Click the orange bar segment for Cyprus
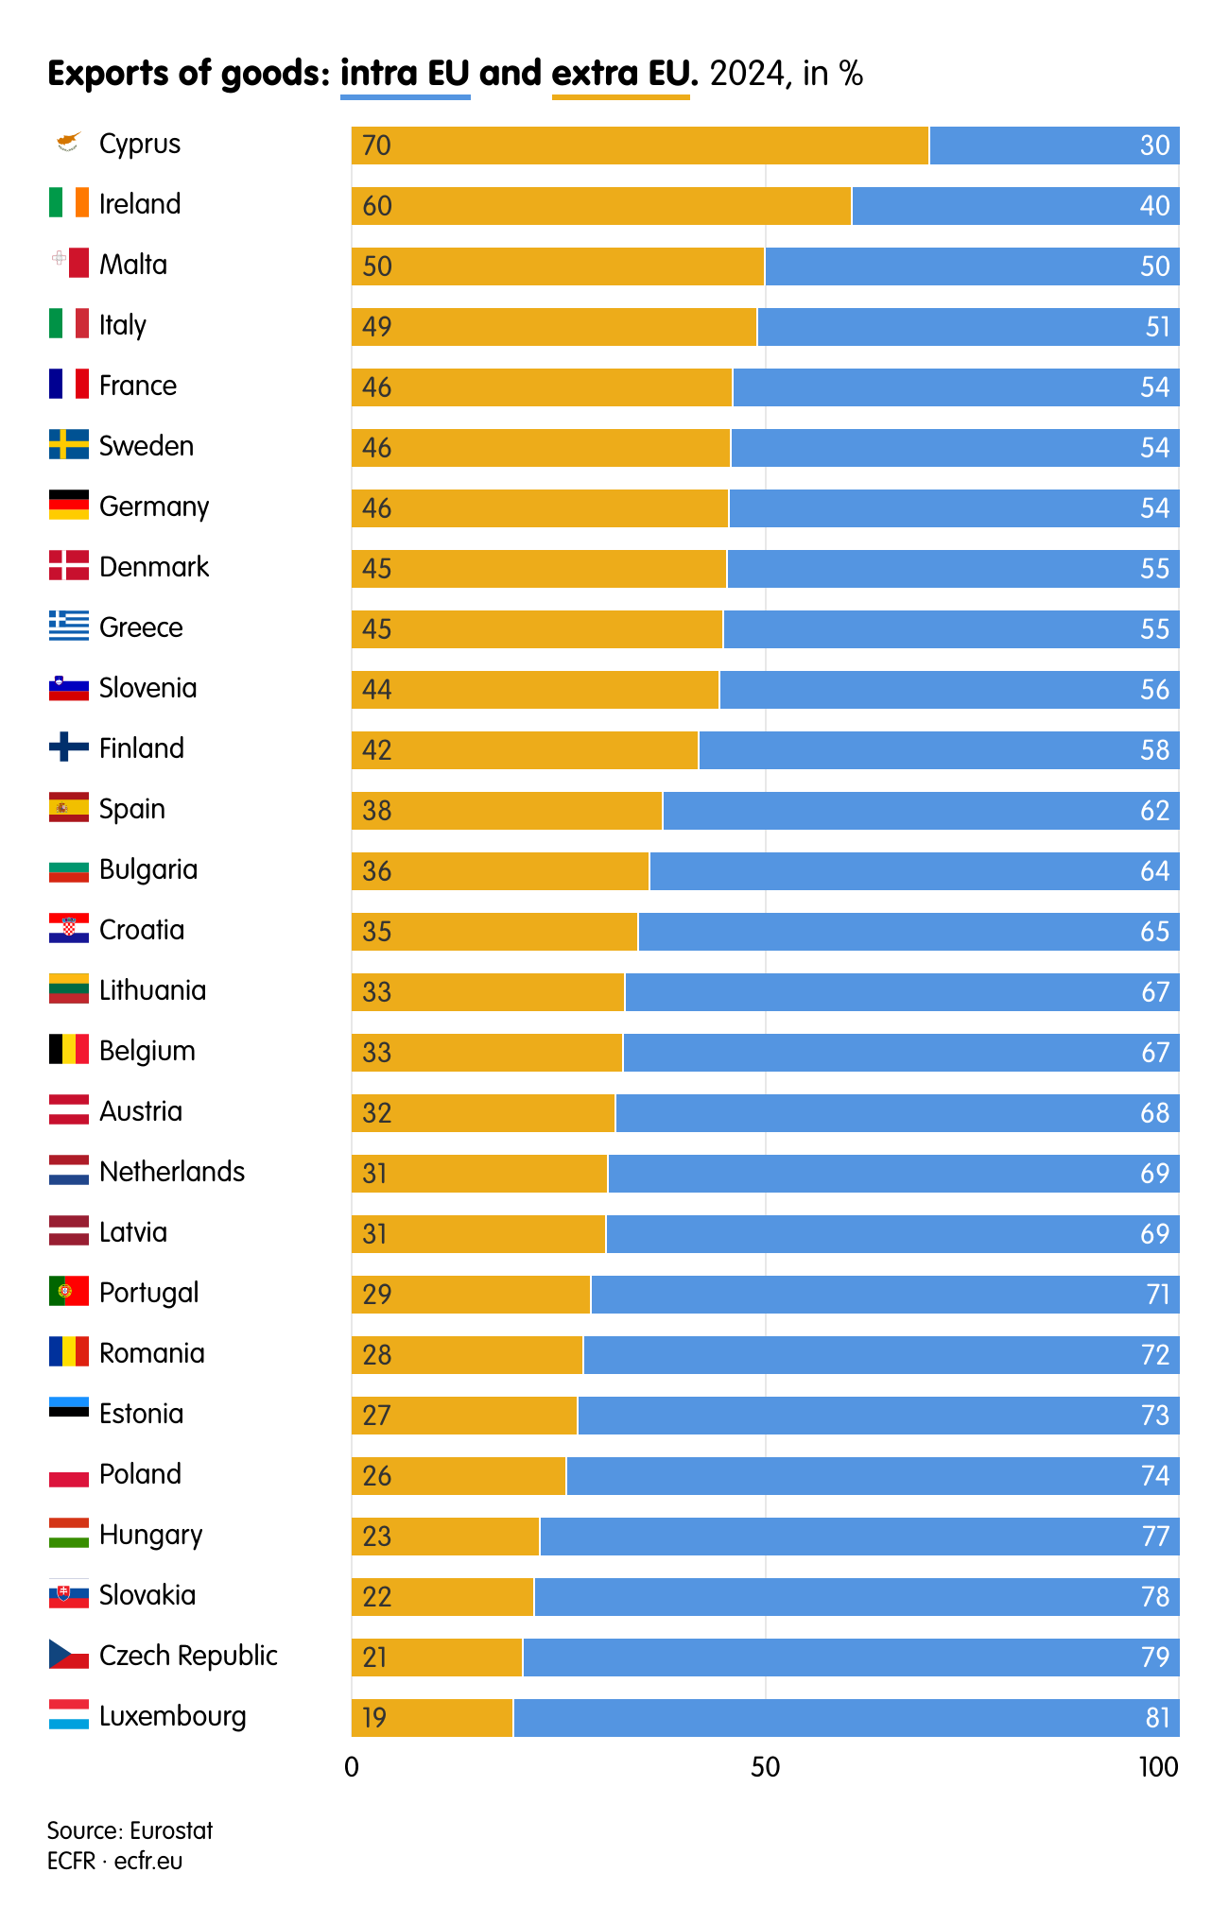[x=640, y=146]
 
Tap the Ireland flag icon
[x=69, y=203]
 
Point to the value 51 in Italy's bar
[x=1157, y=327]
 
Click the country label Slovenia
[x=147, y=688]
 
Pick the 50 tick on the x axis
[x=765, y=1767]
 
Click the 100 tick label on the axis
[x=1158, y=1767]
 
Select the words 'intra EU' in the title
[x=405, y=74]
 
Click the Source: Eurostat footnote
[x=130, y=1830]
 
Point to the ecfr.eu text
[x=148, y=1861]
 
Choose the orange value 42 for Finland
[x=376, y=750]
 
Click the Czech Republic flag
[x=69, y=1655]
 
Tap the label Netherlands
[x=172, y=1172]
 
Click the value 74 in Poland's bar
[x=1155, y=1476]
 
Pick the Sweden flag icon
[x=69, y=445]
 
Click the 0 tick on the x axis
[x=352, y=1767]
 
